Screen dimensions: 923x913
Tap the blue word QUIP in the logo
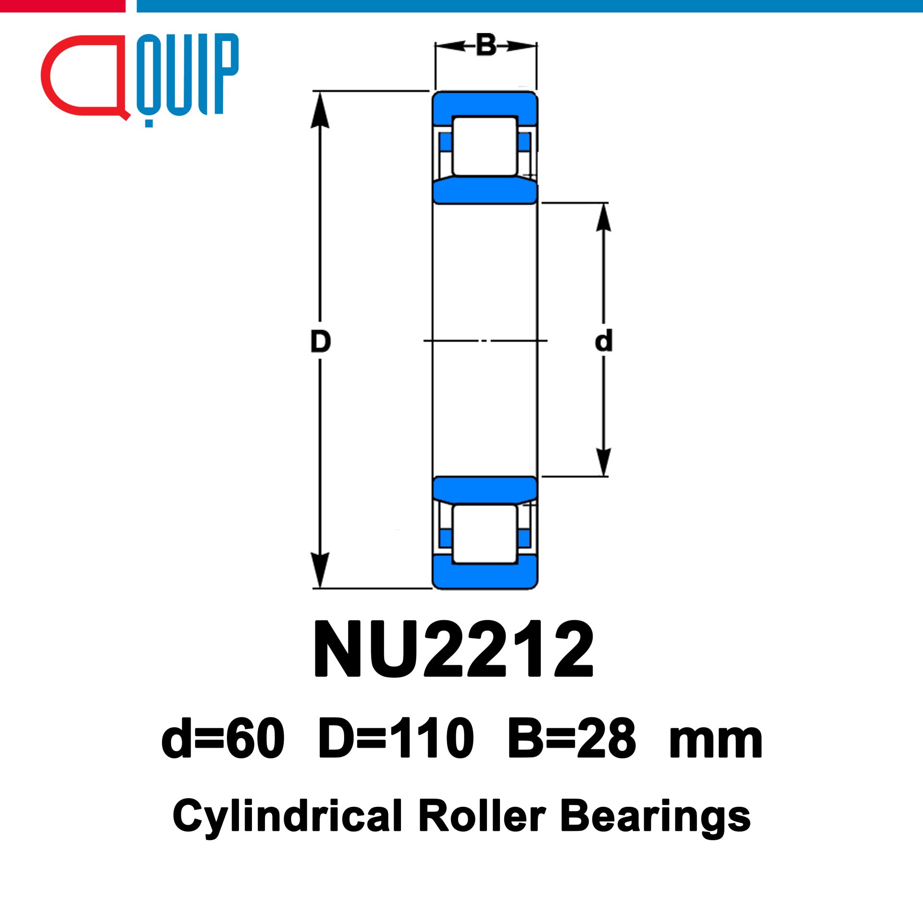tap(187, 77)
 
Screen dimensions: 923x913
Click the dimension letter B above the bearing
tap(486, 45)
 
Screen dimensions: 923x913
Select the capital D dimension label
tap(321, 341)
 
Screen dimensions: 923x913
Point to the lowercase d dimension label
tap(603, 341)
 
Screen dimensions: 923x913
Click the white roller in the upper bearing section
tap(485, 146)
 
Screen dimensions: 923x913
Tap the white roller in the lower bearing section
tap(485, 534)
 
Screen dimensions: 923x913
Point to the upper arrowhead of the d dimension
tap(603, 217)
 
